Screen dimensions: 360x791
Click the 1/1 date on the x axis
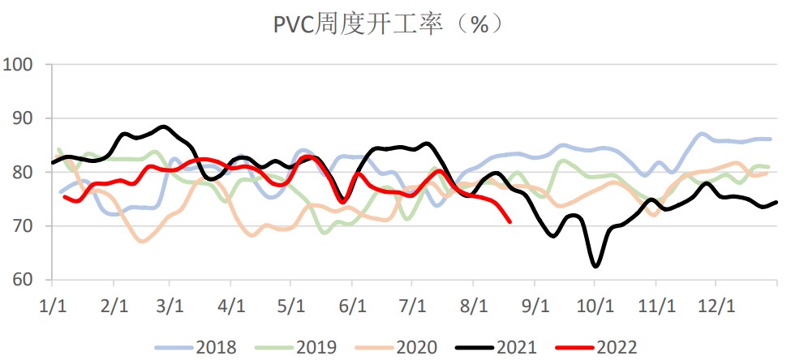52,307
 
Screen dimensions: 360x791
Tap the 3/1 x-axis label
170,307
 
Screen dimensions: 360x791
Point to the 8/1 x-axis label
473,307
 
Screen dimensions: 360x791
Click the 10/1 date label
594,307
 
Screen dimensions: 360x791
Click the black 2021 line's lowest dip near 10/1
595,266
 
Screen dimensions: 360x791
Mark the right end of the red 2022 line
509,221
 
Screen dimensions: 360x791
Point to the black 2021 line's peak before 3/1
164,126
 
